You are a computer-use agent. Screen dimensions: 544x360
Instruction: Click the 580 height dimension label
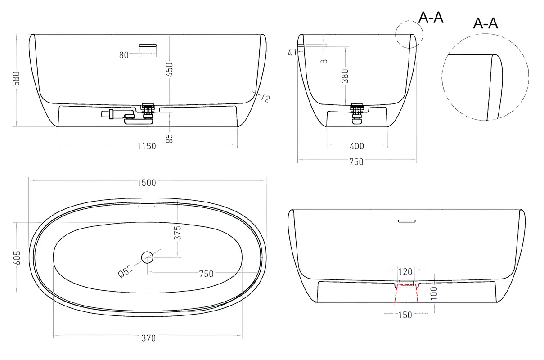click(x=17, y=78)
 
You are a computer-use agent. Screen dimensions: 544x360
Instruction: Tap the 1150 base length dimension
click(x=147, y=146)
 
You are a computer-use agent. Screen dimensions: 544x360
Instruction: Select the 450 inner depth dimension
click(x=170, y=70)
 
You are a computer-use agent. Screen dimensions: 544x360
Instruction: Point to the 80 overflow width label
click(x=124, y=55)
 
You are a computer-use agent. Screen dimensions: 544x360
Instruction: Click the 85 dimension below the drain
click(x=170, y=139)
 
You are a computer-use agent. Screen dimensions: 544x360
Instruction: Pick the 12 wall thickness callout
click(x=265, y=98)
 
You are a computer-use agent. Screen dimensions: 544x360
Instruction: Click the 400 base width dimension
click(x=357, y=146)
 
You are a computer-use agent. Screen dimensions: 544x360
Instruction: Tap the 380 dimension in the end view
click(x=345, y=76)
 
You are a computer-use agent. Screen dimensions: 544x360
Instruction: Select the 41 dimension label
click(x=292, y=52)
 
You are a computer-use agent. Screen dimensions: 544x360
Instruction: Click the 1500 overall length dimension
click(x=147, y=183)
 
